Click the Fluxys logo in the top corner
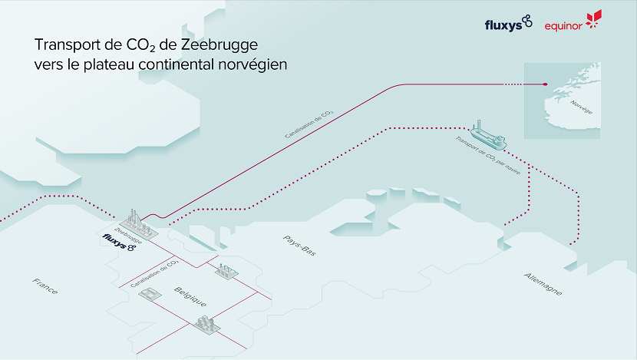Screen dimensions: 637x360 pos(508,23)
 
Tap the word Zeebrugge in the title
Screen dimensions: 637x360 pos(219,45)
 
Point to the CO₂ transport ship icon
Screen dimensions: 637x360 pos(488,136)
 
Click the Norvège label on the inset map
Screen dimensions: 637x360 pos(581,107)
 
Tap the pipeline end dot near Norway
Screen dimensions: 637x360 pos(545,84)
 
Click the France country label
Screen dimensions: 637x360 pos(45,286)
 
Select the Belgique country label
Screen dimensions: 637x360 pos(190,296)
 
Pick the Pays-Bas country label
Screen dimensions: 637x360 pos(299,246)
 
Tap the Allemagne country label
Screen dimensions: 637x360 pos(543,284)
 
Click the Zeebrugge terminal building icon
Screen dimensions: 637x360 pos(138,225)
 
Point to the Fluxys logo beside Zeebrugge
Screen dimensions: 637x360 pos(119,243)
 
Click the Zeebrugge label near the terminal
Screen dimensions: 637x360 pos(128,236)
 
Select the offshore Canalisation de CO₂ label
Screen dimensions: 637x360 pos(309,124)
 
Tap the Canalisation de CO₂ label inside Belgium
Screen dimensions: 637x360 pos(155,273)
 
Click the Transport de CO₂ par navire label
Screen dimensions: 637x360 pos(488,156)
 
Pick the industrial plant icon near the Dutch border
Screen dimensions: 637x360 pos(226,271)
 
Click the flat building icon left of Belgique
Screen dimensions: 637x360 pos(150,294)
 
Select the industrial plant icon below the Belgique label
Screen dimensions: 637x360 pos(206,325)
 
